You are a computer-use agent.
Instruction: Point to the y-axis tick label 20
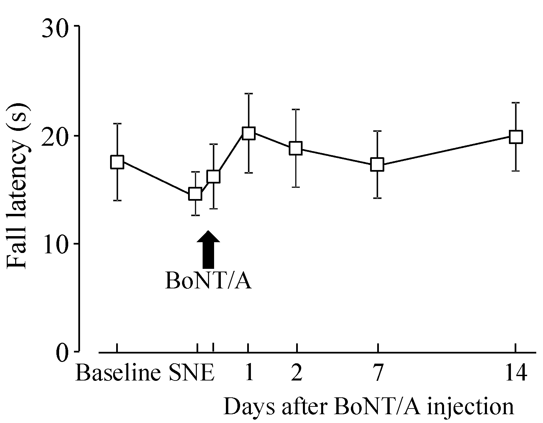[x=55, y=136]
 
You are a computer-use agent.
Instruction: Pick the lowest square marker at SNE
[x=195, y=194]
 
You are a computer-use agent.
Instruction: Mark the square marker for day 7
[x=377, y=165]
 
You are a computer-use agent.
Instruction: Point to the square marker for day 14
[x=516, y=137]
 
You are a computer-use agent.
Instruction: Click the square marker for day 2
[x=296, y=148]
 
